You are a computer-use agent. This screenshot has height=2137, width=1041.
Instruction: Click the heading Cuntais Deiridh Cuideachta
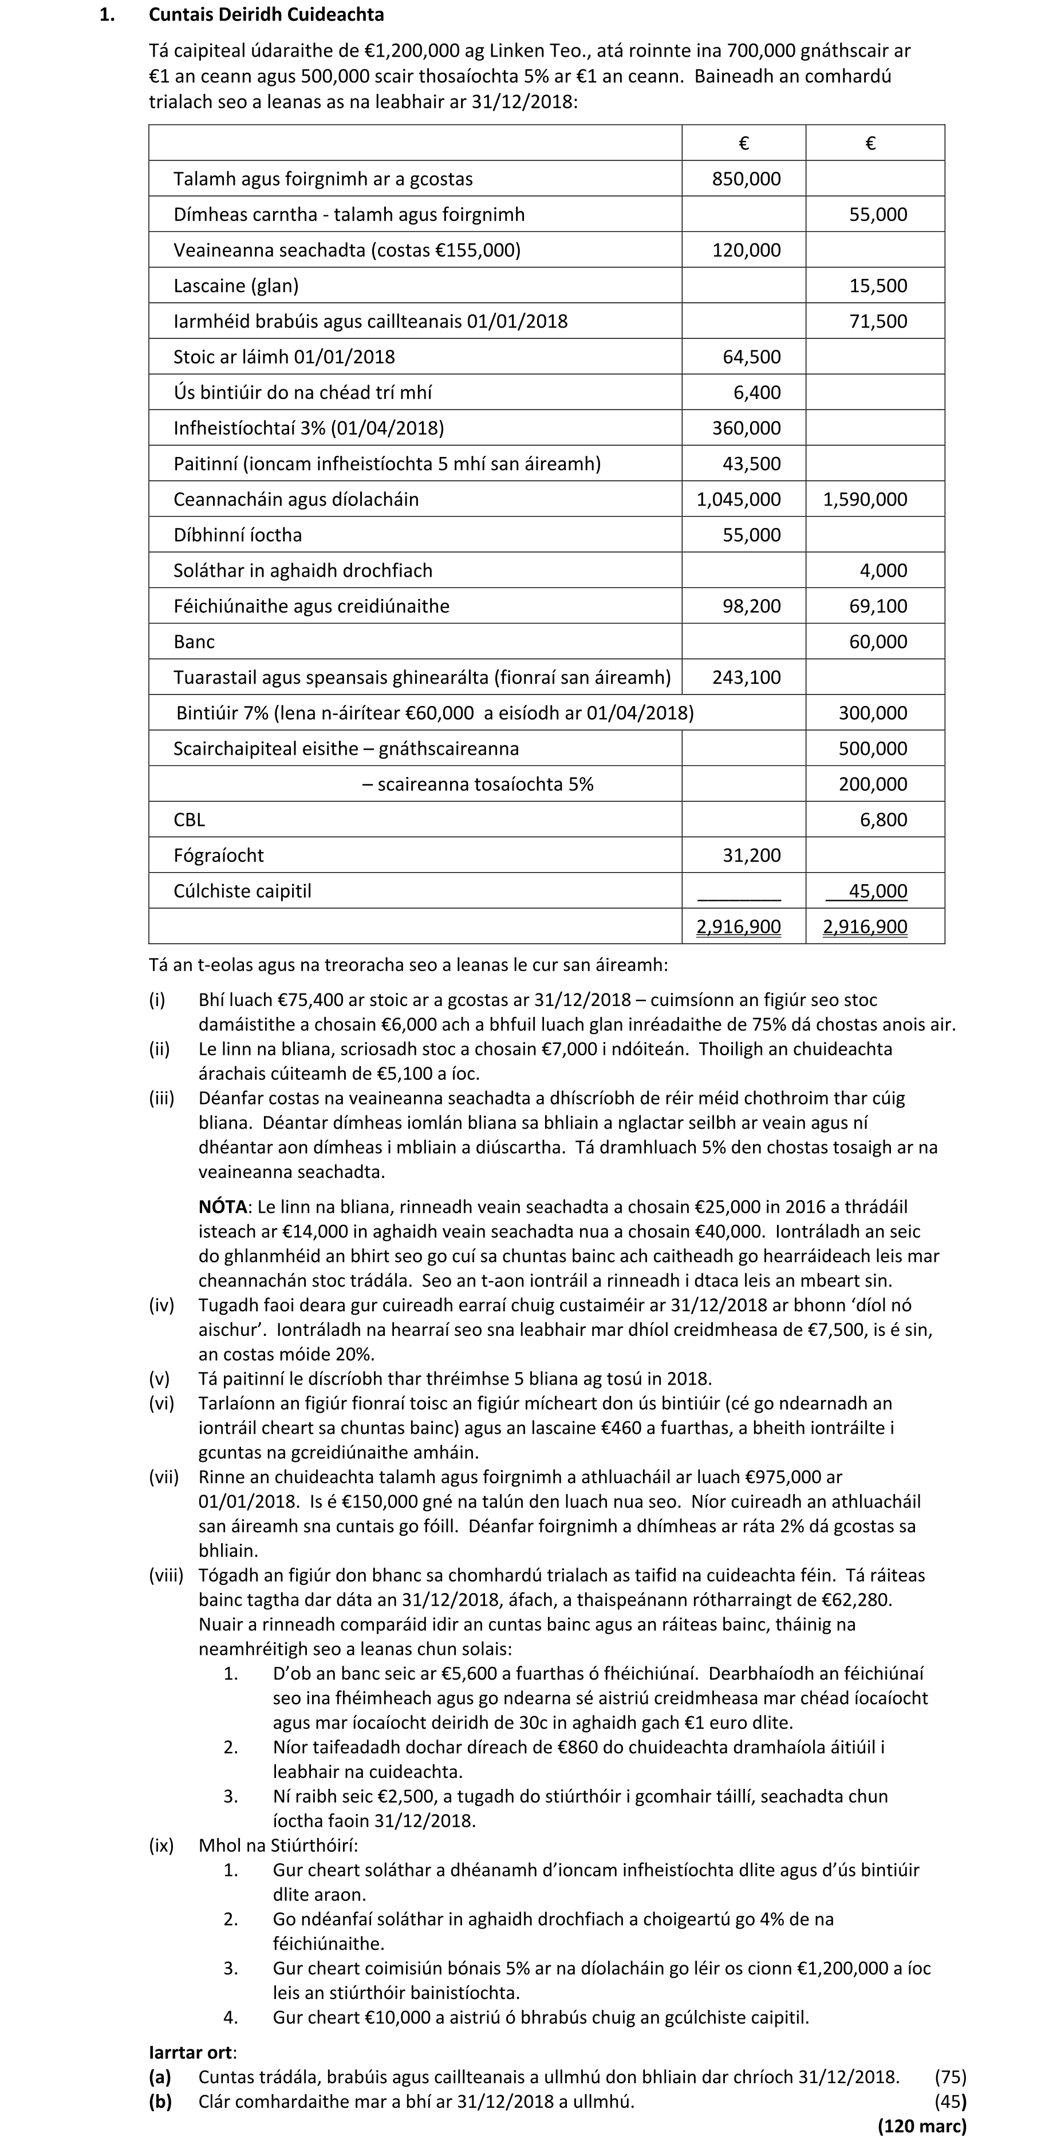266,15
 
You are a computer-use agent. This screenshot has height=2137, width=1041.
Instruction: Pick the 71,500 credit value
878,322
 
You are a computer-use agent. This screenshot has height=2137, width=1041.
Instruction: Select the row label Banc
194,642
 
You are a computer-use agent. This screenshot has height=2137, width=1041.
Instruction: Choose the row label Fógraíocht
218,856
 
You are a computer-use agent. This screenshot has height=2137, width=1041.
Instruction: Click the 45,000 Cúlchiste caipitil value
878,892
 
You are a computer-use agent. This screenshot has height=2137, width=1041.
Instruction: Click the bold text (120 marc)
921,2126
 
